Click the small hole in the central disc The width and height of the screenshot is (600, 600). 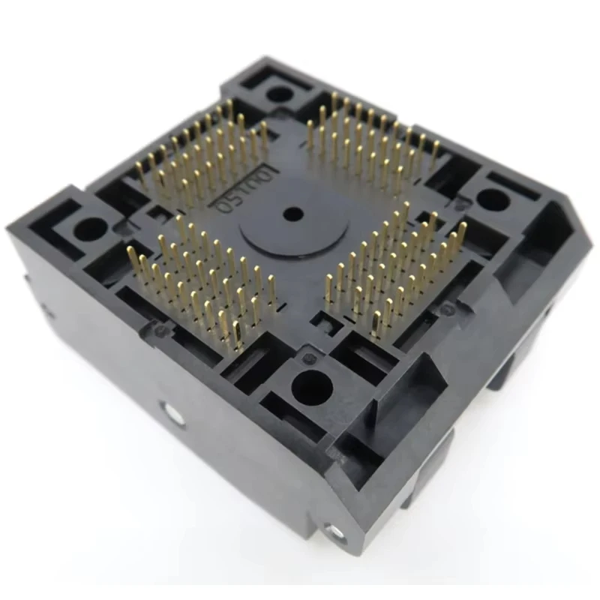click(292, 214)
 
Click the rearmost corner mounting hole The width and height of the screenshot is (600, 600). click(280, 94)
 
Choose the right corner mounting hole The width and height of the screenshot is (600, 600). click(492, 199)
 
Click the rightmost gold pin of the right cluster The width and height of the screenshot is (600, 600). click(461, 232)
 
